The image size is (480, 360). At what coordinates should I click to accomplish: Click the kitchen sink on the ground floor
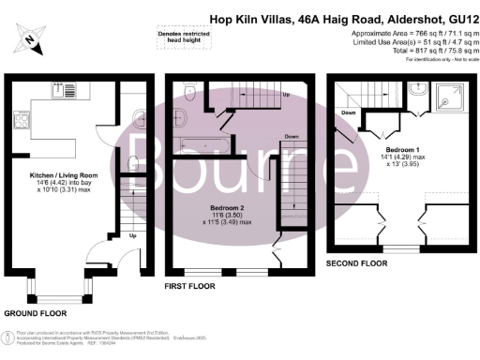pyautogui.click(x=64, y=92)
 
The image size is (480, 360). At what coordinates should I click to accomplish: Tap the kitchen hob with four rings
pyautogui.click(x=22, y=119)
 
